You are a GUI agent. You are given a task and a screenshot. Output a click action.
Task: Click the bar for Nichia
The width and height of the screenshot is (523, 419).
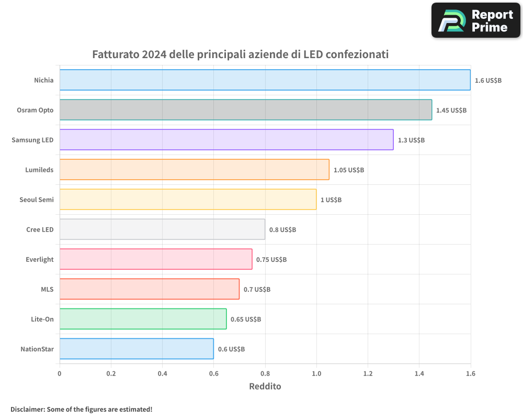[265, 80]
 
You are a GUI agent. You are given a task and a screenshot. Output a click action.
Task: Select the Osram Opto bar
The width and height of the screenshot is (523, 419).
[246, 110]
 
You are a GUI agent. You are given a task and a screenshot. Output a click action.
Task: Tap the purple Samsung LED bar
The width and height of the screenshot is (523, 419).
[226, 140]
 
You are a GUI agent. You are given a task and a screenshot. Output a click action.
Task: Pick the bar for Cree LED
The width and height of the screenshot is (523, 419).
[162, 229]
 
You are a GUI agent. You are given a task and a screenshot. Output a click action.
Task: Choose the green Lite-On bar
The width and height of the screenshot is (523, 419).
[143, 319]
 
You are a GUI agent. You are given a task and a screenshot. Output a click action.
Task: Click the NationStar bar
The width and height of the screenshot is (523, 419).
[137, 349]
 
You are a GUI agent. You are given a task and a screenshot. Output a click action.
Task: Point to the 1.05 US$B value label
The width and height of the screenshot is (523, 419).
[349, 170]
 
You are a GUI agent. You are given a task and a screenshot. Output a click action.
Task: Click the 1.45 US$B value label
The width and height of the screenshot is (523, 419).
[451, 110]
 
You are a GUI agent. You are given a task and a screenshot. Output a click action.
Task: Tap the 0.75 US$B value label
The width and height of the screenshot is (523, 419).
[271, 259]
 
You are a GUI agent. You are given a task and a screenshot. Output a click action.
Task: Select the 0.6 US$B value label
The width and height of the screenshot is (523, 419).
[231, 349]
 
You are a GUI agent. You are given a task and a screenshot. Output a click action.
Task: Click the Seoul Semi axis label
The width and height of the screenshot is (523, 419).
[37, 200]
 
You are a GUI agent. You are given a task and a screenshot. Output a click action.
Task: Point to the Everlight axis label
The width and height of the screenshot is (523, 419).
[40, 259]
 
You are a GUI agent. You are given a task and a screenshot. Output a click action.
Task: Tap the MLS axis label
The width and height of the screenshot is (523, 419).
[47, 289]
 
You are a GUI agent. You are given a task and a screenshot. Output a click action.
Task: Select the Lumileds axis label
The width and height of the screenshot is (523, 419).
[39, 170]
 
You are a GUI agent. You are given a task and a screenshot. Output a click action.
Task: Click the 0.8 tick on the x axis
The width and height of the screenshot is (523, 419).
[265, 373]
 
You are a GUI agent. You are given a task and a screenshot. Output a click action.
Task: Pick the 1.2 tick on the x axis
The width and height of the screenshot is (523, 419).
[368, 373]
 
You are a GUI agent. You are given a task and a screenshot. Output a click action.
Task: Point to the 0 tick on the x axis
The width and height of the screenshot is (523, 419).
[60, 373]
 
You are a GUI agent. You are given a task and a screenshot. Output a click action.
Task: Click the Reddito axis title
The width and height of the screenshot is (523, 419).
[265, 387]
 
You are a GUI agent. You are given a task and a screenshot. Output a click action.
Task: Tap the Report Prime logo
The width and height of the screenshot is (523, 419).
[476, 20]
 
